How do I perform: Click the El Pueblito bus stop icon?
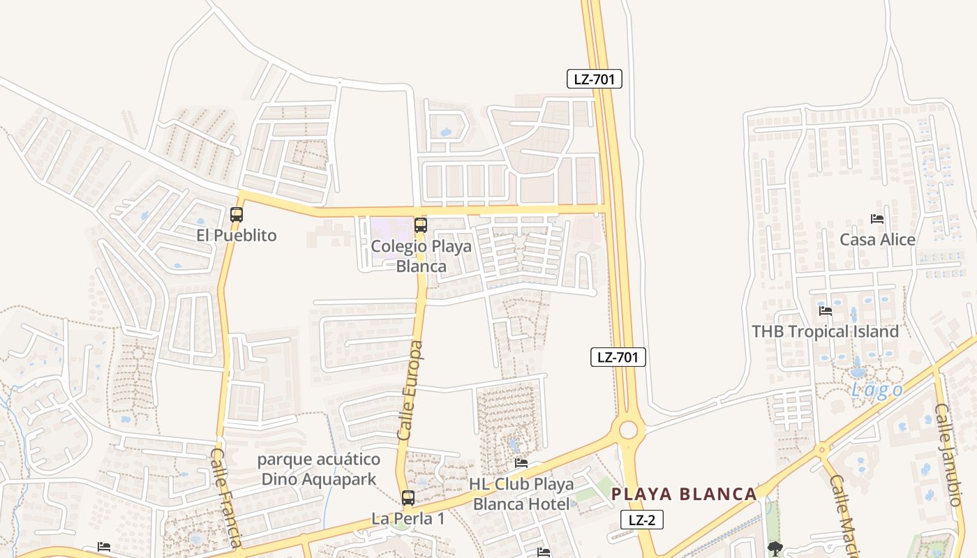(x=237, y=214)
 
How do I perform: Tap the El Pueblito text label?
(x=236, y=235)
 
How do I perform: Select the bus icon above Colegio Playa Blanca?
(x=420, y=225)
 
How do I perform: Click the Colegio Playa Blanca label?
(x=421, y=256)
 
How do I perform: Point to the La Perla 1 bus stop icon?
(x=408, y=498)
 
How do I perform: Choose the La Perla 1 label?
(x=408, y=519)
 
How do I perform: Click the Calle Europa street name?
(x=410, y=391)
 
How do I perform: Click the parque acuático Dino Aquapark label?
(x=319, y=469)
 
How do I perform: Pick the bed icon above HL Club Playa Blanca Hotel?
(x=521, y=463)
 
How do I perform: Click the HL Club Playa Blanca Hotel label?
(x=521, y=494)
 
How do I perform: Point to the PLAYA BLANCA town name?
(x=684, y=495)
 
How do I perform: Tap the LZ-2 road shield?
(x=641, y=520)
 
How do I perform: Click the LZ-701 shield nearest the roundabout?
(x=618, y=358)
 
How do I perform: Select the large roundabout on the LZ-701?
(x=628, y=430)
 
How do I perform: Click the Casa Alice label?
(x=877, y=240)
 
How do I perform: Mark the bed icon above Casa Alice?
(x=877, y=219)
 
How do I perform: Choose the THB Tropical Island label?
(x=825, y=331)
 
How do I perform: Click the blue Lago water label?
(x=877, y=391)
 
